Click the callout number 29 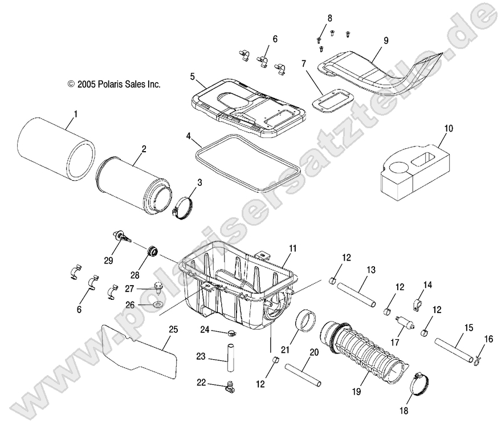[108, 261]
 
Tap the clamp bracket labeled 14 [417, 299]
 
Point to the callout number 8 [330, 18]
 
